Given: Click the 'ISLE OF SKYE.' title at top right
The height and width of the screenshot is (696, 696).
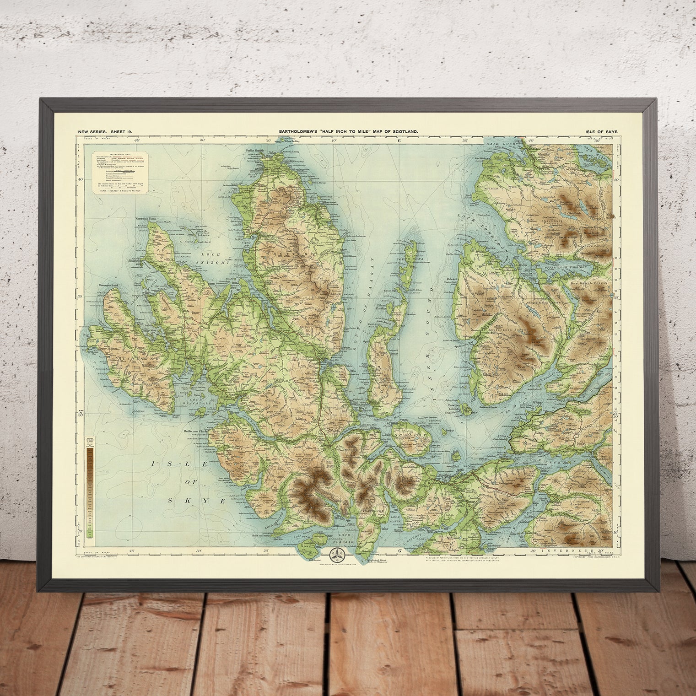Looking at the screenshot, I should coord(601,132).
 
